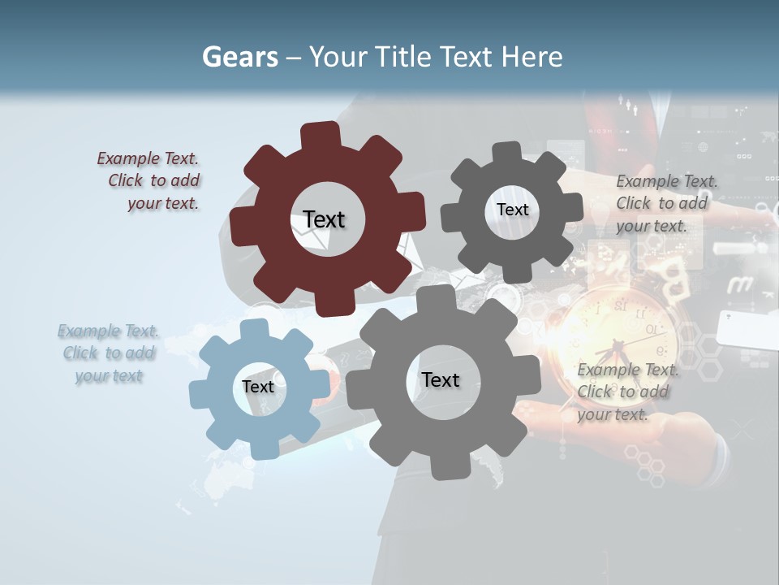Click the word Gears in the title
239,58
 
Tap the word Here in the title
532,58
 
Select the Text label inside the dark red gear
324,219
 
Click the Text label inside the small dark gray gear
512,210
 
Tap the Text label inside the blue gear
258,387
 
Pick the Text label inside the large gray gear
441,379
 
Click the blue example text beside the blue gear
108,353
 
